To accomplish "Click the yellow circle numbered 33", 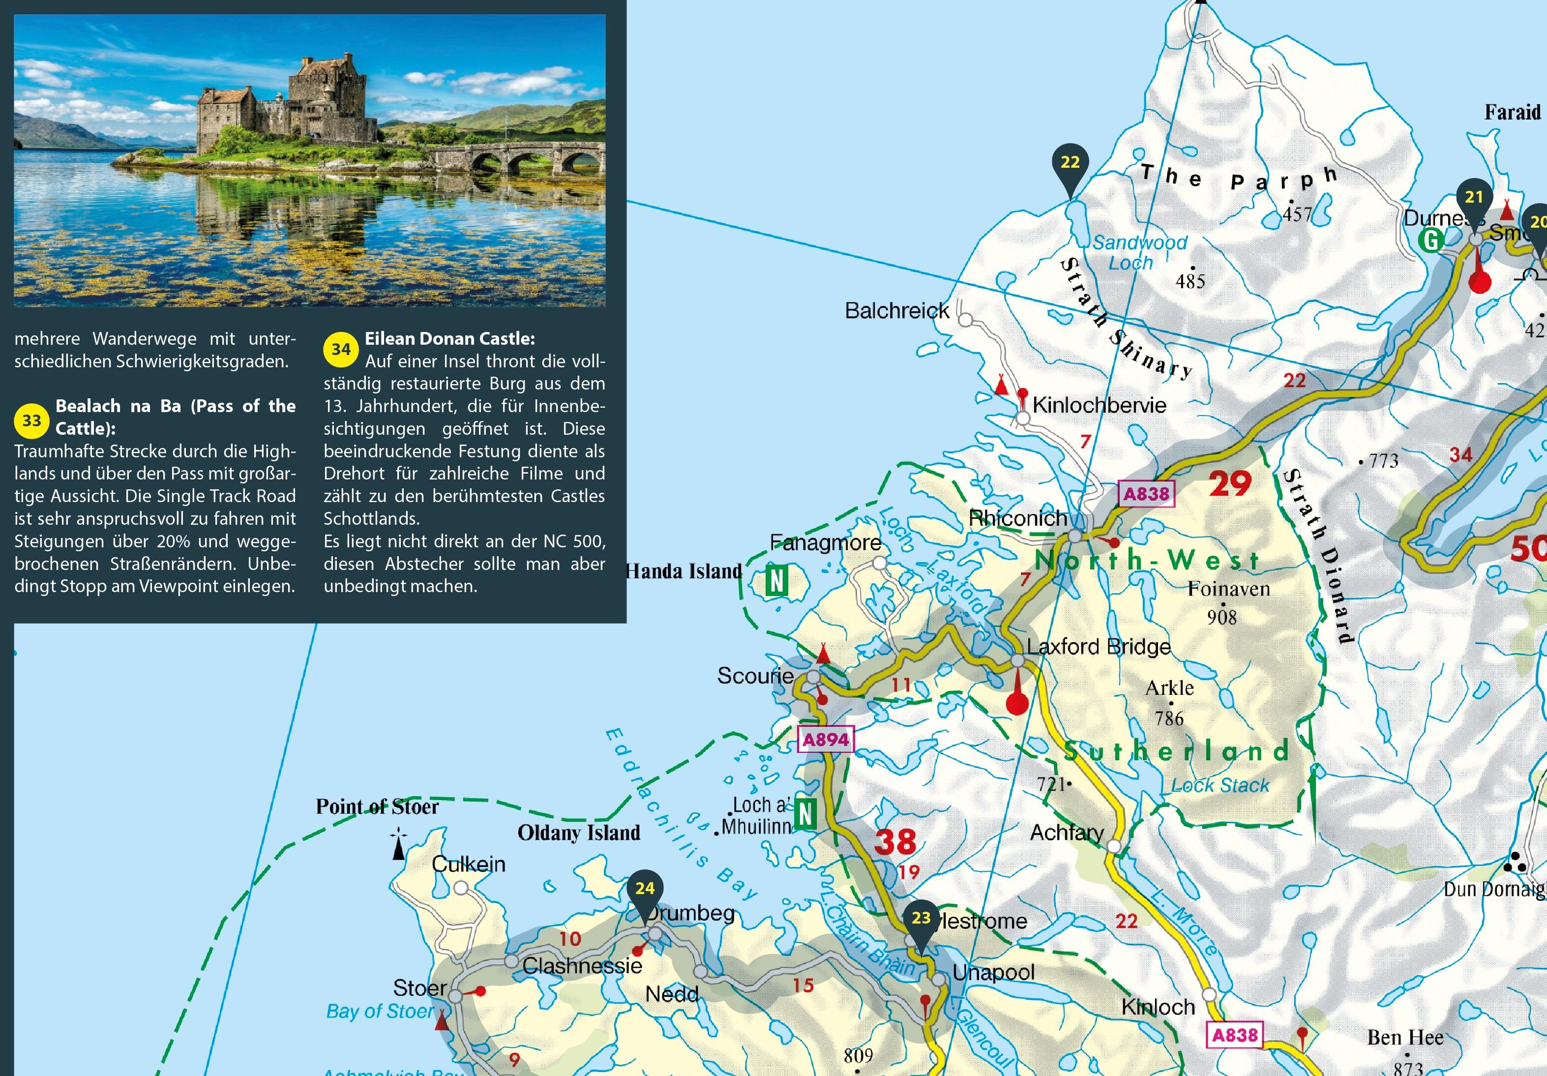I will tap(31, 420).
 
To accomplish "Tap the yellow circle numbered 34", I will tap(341, 349).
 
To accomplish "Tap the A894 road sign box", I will tap(826, 740).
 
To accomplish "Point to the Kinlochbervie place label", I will tap(1099, 405).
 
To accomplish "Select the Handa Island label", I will tap(684, 571).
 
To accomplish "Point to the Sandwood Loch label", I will tap(1139, 252).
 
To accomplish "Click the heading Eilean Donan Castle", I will tap(449, 338).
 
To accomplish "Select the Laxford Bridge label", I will tap(1098, 647).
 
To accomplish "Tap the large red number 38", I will tap(895, 841).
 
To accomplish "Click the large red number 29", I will tap(1230, 483).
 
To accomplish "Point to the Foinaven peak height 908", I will tap(1221, 617).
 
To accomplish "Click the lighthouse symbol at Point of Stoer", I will tap(399, 845).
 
